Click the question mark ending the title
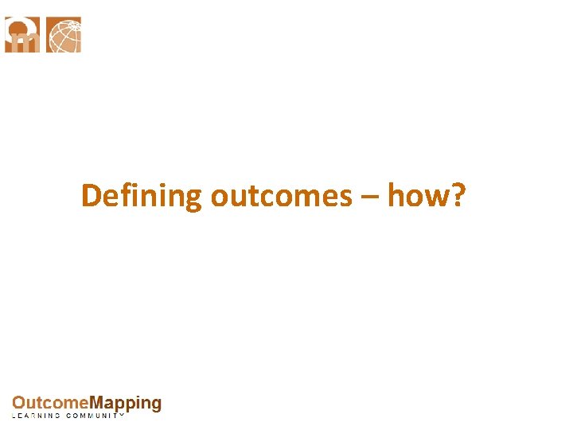[x=457, y=195]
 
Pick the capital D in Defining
[x=92, y=196]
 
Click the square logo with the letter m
[x=22, y=35]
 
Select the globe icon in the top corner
[x=64, y=35]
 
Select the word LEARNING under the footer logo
[x=36, y=416]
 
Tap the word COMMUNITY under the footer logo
[x=95, y=416]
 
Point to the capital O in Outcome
[x=18, y=404]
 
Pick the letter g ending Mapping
[x=156, y=405]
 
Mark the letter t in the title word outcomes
[x=241, y=197]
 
